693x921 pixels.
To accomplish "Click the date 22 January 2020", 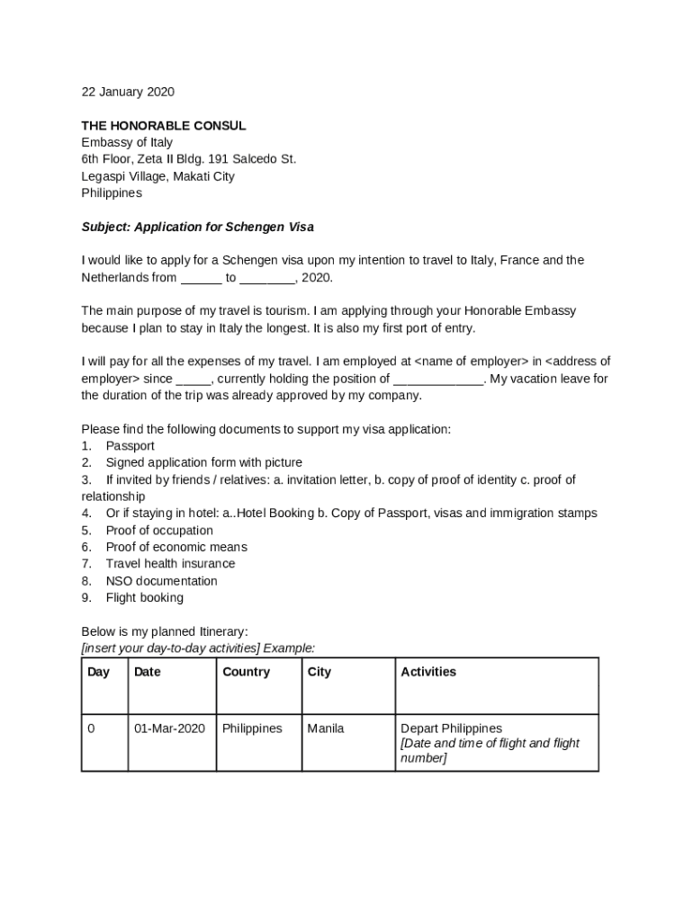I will pos(128,92).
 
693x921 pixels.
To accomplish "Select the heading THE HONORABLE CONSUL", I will pos(163,126).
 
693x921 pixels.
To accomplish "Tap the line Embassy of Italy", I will pos(127,142).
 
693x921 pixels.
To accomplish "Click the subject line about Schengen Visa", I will pos(197,227).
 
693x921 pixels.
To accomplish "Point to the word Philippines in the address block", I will pos(112,193).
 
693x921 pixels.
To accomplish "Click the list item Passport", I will pos(130,446).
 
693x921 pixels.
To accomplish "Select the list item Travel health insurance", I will pos(170,564).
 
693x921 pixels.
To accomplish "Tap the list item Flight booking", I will pos(144,598).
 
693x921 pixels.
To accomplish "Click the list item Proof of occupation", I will pos(159,531).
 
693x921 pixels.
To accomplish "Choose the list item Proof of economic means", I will pos(176,547).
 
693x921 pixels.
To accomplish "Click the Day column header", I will pos(98,672).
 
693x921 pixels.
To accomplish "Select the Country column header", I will pos(246,672).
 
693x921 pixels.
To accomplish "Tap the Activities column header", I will pos(428,672).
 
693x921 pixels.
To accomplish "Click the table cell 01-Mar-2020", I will pos(169,729).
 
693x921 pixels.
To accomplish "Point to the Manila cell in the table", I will pos(325,729).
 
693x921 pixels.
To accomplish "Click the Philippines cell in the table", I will pos(252,729).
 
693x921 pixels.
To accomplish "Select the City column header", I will pos(319,672).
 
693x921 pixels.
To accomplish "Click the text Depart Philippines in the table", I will pos(451,729).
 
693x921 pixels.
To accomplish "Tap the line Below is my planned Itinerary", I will pos(164,632).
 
